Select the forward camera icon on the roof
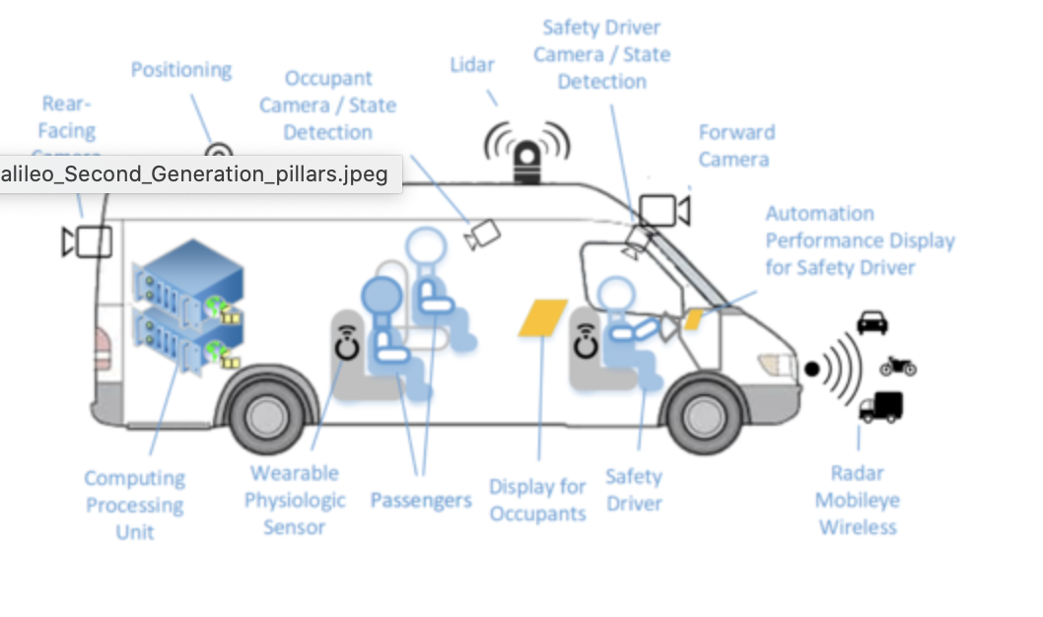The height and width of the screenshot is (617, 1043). click(x=661, y=211)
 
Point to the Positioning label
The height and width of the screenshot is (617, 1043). click(x=181, y=70)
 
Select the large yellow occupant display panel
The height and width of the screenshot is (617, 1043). click(x=542, y=317)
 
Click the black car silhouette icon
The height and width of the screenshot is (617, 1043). click(x=871, y=322)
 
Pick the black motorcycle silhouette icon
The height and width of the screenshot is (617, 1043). click(x=897, y=366)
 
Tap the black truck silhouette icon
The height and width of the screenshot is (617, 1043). click(x=880, y=406)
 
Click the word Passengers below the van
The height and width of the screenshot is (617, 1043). click(x=421, y=500)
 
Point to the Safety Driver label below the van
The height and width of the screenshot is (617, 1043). click(x=633, y=490)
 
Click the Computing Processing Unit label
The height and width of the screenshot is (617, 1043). click(x=134, y=505)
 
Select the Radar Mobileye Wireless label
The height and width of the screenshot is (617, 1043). click(x=858, y=500)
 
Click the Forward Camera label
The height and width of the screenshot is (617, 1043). click(x=735, y=146)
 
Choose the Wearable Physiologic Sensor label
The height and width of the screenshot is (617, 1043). click(x=295, y=500)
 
